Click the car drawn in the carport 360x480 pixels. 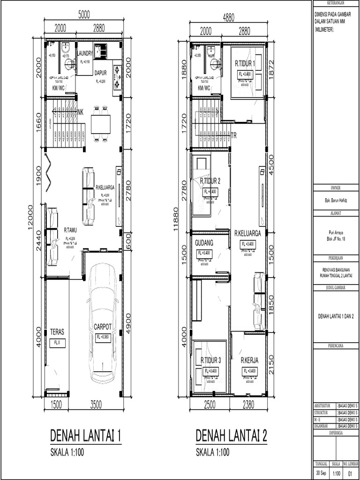click(x=102, y=323)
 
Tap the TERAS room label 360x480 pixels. click(x=57, y=332)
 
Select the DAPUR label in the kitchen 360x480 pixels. click(x=101, y=73)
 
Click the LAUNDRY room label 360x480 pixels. click(x=85, y=53)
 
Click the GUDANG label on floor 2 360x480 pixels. click(x=204, y=243)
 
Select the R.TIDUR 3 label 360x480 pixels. click(x=210, y=360)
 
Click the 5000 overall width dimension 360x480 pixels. click(x=84, y=15)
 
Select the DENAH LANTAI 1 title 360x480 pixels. click(x=86, y=436)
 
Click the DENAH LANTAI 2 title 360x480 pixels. click(x=232, y=436)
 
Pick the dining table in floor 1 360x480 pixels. click(x=101, y=124)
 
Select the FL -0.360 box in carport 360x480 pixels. click(x=103, y=337)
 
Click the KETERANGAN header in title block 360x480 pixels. click(x=335, y=3)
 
